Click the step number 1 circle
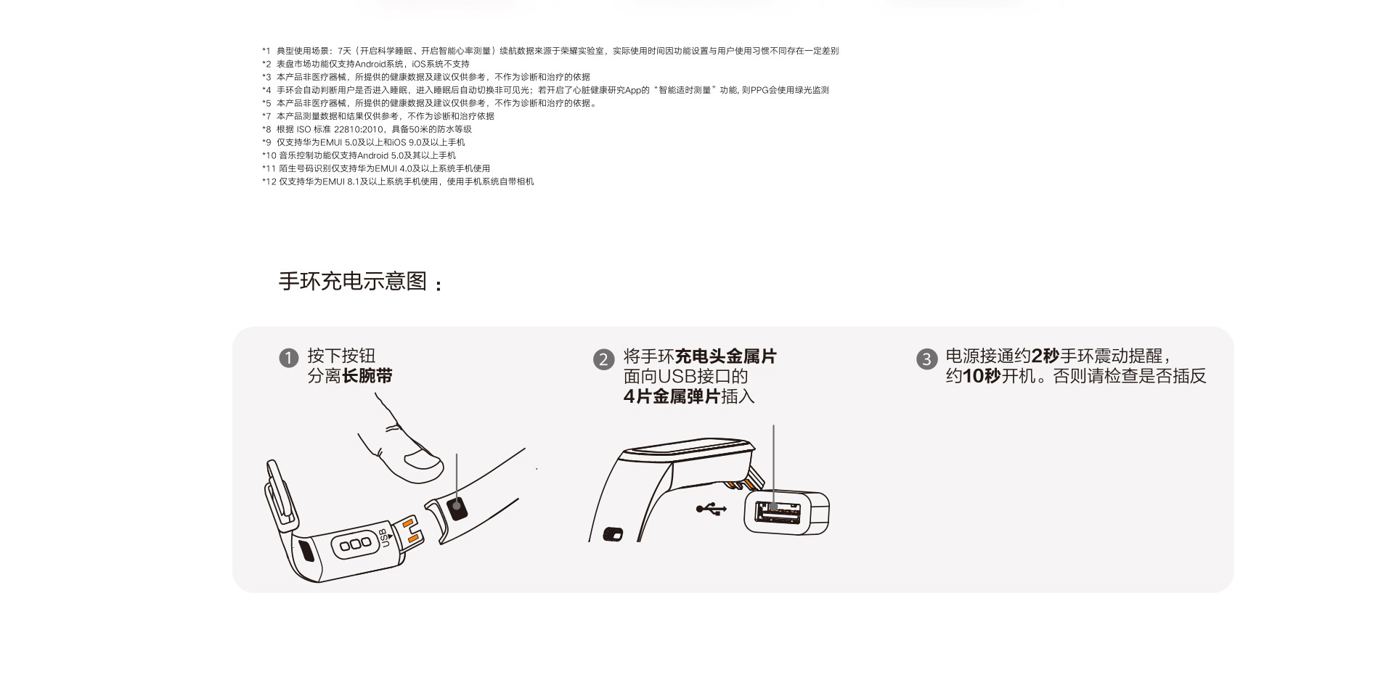click(x=289, y=358)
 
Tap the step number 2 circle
click(x=603, y=359)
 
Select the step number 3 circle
click(x=926, y=359)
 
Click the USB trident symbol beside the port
click(x=711, y=509)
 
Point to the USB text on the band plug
click(x=386, y=538)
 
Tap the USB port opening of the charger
click(x=778, y=513)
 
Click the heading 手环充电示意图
click(x=353, y=281)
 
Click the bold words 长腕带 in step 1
click(x=367, y=376)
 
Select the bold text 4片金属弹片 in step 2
click(x=672, y=396)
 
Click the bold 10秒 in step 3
click(x=982, y=376)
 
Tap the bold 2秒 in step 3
click(x=1045, y=356)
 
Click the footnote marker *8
click(x=266, y=129)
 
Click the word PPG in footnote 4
click(x=759, y=90)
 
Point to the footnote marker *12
click(x=269, y=181)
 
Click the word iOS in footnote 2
click(x=419, y=64)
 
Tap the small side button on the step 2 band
click(x=614, y=535)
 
